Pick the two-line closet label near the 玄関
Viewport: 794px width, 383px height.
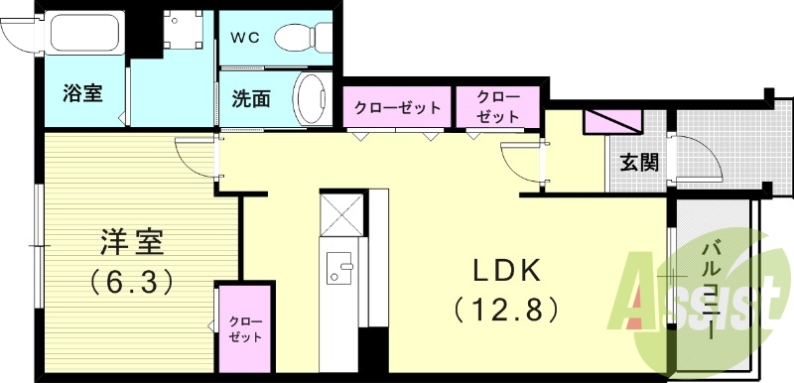tap(496, 107)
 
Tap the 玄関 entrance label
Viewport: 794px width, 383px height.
tap(640, 163)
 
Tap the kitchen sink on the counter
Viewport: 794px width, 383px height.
tap(340, 268)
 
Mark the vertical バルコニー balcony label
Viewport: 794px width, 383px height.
tap(712, 288)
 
